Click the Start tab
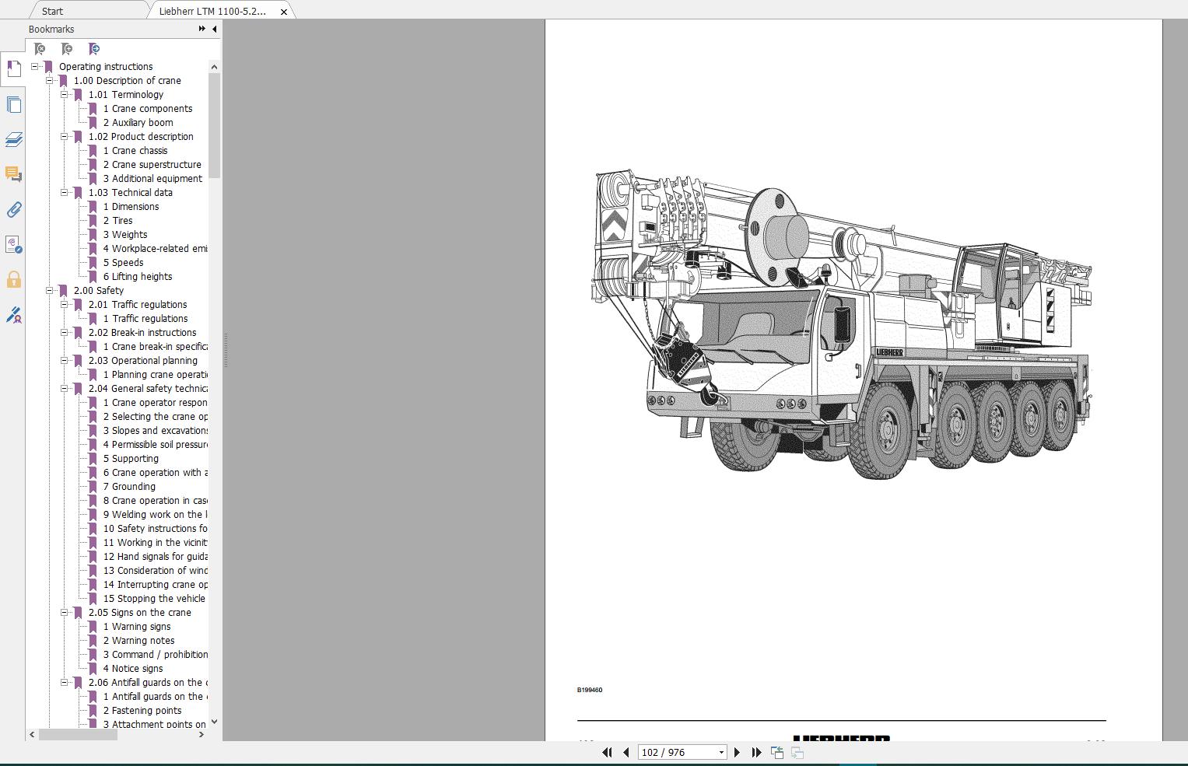coord(52,11)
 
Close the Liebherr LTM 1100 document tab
coord(284,12)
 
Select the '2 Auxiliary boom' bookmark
coord(142,123)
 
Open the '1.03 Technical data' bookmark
coord(130,193)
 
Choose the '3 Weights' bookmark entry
coord(128,235)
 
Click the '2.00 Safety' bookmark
coord(98,291)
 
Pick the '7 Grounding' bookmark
coord(133,487)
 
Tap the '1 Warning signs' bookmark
coord(140,627)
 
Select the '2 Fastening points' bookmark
coord(145,711)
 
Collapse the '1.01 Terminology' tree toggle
coord(65,95)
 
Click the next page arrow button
coord(737,752)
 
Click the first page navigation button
coord(607,752)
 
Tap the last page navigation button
coord(756,752)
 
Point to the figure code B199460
coord(589,690)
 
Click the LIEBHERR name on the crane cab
coord(888,352)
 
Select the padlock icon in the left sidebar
coord(13,280)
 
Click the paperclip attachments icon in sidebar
coord(13,210)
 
